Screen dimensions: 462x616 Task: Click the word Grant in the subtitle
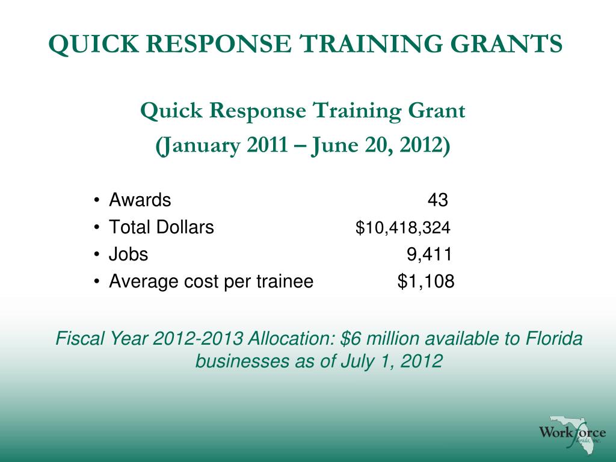(x=437, y=111)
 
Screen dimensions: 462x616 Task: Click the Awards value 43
(x=437, y=200)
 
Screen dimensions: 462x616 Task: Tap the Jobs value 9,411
(x=429, y=254)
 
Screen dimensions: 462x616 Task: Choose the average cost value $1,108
(x=426, y=281)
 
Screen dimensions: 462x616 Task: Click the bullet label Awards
(x=140, y=200)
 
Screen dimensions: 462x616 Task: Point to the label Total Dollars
(x=161, y=228)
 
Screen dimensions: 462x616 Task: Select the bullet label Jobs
(x=128, y=254)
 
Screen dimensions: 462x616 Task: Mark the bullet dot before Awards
(x=97, y=201)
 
